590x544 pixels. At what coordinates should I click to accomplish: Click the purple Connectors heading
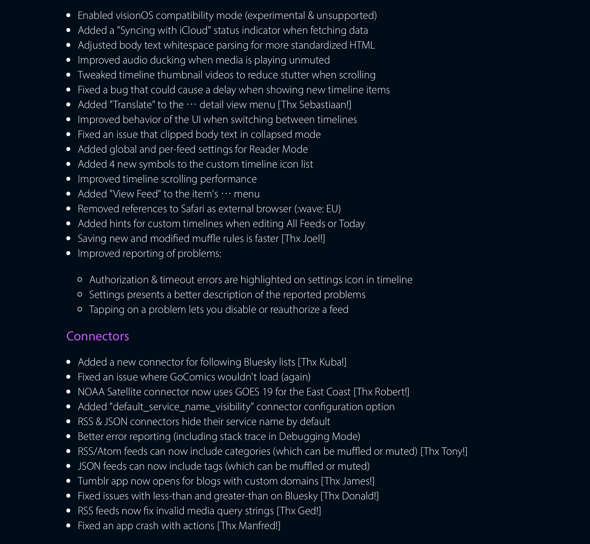pos(97,336)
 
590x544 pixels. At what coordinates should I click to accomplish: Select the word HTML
pos(362,45)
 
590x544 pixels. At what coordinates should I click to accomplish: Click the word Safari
pos(192,209)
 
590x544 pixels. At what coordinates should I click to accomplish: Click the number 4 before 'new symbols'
pos(112,164)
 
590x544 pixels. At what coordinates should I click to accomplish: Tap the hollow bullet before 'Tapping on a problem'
pos(80,309)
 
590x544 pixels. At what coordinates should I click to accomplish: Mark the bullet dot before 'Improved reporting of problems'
pos(69,253)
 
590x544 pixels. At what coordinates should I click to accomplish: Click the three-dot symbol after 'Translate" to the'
pos(191,105)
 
